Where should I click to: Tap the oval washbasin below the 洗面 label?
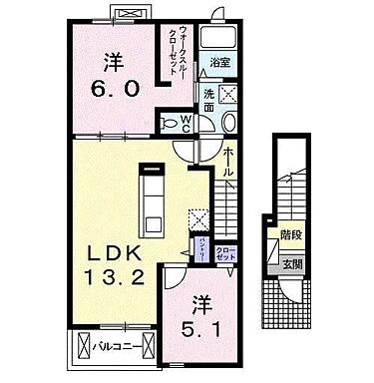228,120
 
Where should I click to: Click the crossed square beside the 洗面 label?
226,95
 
